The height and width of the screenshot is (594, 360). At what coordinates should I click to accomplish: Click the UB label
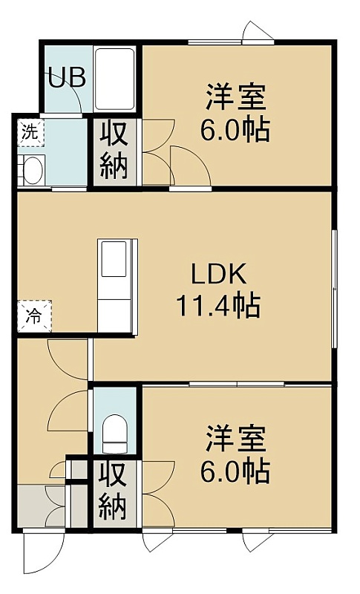[67, 79]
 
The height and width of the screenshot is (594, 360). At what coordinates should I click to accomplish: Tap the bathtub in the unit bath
[114, 79]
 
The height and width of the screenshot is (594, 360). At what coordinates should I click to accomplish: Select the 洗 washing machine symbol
[31, 133]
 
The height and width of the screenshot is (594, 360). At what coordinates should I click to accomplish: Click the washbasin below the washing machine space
[32, 171]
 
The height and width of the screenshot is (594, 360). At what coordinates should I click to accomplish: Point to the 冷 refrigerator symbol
[34, 316]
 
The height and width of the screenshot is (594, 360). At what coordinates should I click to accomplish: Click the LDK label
[219, 274]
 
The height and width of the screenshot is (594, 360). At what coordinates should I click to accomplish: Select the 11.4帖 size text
[218, 305]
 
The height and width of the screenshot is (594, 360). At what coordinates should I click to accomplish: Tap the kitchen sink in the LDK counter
[114, 258]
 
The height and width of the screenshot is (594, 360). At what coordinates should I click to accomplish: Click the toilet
[115, 434]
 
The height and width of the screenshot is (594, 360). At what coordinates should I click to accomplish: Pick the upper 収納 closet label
[114, 153]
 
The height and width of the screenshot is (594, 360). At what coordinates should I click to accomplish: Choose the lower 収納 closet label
[113, 494]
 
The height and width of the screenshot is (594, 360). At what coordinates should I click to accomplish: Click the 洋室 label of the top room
[235, 97]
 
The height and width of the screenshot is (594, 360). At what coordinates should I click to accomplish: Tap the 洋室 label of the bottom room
[235, 439]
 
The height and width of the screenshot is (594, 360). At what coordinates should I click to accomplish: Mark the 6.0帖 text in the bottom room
[235, 471]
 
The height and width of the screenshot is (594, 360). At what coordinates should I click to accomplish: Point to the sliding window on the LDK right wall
[334, 288]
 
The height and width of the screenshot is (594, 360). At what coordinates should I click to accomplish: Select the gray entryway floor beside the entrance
[31, 506]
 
